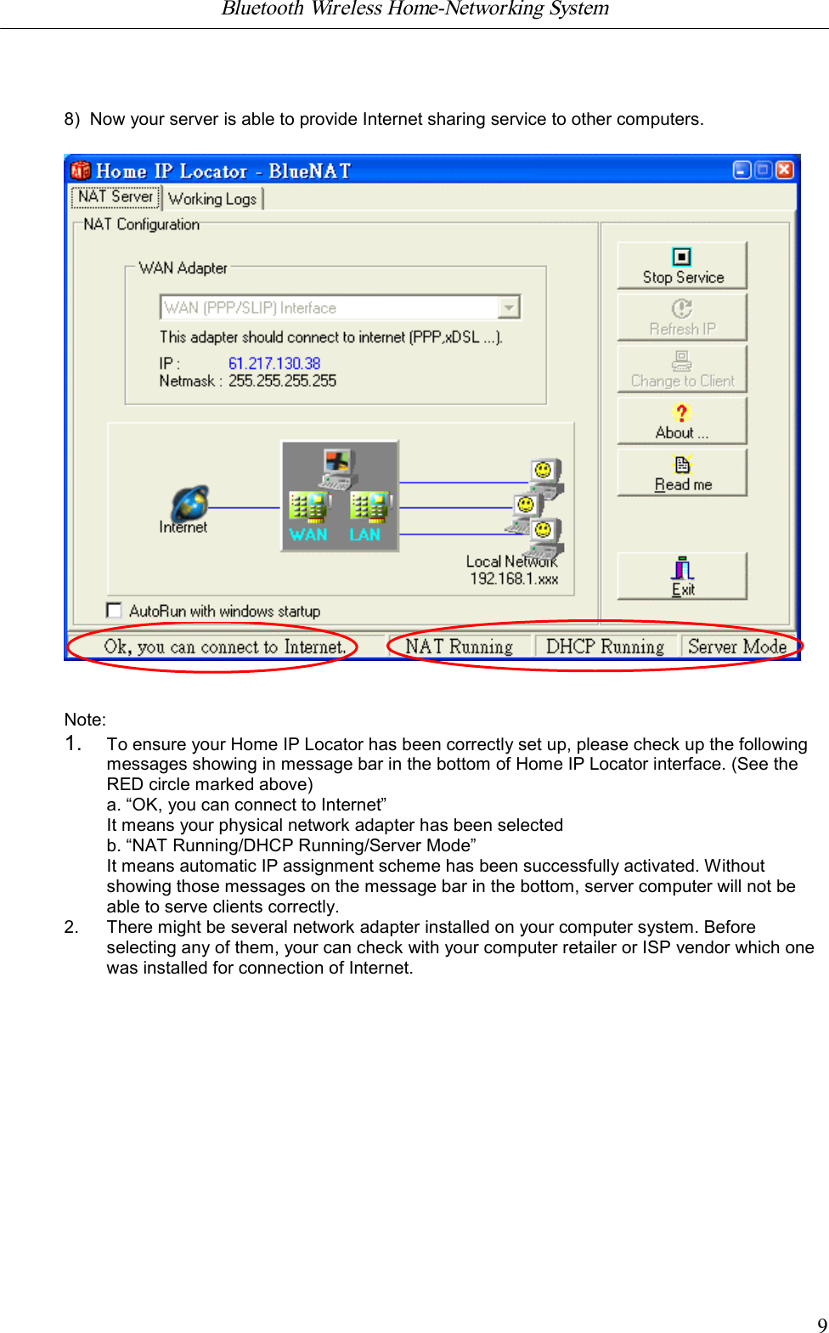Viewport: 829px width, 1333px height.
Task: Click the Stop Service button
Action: [x=682, y=265]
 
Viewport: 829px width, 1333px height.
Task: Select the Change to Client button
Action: [x=682, y=370]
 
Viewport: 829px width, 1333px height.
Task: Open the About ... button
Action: [x=682, y=421]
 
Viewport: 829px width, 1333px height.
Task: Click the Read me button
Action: [x=682, y=473]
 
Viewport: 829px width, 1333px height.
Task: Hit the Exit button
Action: [x=682, y=577]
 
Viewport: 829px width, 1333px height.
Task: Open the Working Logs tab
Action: [x=212, y=199]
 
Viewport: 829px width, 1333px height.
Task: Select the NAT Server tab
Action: [x=116, y=197]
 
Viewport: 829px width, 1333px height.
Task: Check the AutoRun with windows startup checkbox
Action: [x=115, y=610]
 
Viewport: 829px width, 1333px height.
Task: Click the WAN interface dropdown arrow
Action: [x=509, y=308]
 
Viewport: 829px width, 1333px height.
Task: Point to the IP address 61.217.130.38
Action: [x=274, y=364]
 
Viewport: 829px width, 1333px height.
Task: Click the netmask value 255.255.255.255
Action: [x=282, y=381]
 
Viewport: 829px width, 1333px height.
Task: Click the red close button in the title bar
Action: [x=785, y=170]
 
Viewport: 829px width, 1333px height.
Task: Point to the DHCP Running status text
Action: [x=605, y=647]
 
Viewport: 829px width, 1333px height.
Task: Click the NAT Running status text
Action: [x=459, y=647]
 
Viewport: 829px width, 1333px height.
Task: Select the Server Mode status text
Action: [x=736, y=647]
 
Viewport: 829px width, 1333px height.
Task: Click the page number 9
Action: [x=821, y=1325]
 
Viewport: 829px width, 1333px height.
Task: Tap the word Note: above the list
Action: [x=85, y=720]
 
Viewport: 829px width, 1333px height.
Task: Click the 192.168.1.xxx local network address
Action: [x=514, y=579]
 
